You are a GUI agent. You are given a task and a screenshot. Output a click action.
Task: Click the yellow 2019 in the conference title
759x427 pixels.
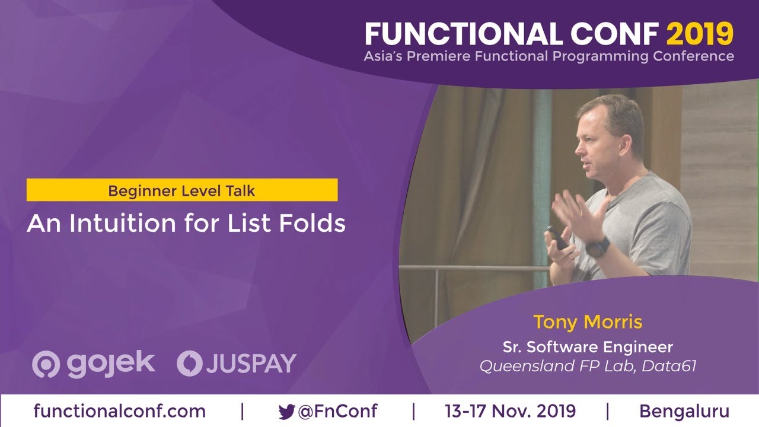pyautogui.click(x=700, y=34)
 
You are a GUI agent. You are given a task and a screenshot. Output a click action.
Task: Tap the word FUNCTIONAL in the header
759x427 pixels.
pyautogui.click(x=463, y=34)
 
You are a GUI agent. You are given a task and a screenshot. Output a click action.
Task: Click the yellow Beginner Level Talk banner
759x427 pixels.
pyautogui.click(x=182, y=190)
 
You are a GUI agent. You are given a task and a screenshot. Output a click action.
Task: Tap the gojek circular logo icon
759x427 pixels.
pyautogui.click(x=45, y=364)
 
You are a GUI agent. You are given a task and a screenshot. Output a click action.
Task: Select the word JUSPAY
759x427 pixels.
pyautogui.click(x=251, y=364)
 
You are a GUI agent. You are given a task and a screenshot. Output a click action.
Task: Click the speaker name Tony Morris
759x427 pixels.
pyautogui.click(x=588, y=322)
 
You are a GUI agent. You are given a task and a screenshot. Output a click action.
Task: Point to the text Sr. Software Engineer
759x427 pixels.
pyautogui.click(x=588, y=346)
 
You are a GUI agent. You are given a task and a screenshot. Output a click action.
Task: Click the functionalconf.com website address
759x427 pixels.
pyautogui.click(x=120, y=411)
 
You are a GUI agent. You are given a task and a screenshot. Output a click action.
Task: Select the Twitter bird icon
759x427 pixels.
pyautogui.click(x=286, y=412)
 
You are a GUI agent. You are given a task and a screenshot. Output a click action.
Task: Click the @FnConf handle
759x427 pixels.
pyautogui.click(x=337, y=411)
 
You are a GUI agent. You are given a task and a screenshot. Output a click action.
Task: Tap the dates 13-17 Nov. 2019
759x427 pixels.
pyautogui.click(x=510, y=411)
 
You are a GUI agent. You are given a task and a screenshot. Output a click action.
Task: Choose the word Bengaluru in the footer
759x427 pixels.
pyautogui.click(x=684, y=411)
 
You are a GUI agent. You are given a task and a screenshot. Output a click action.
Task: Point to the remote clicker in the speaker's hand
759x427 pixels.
pyautogui.click(x=557, y=237)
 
